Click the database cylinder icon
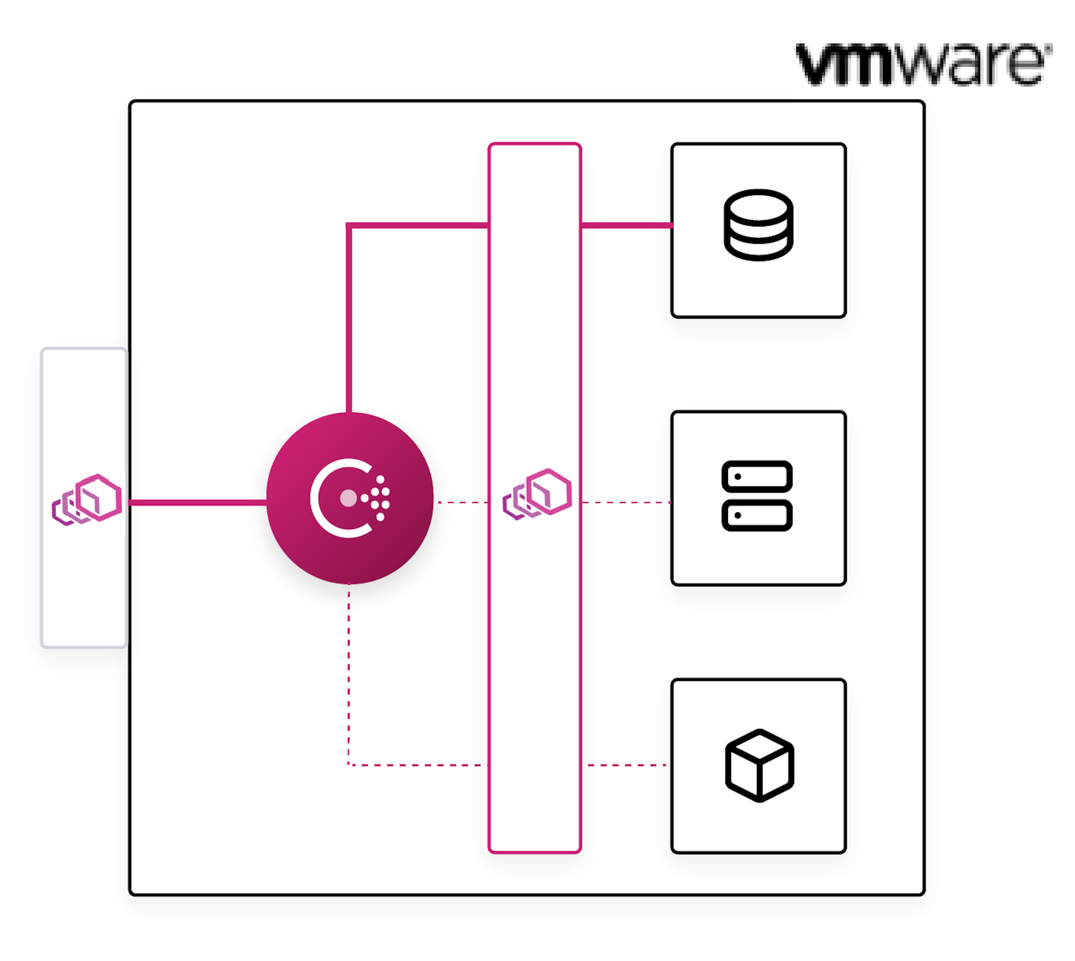758,225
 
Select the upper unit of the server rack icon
756,476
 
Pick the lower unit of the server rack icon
756,515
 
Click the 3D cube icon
759,765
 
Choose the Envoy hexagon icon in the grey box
87,499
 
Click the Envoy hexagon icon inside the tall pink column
537,494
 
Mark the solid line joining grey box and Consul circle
197,502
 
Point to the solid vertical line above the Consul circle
349,317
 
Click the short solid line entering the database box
626,226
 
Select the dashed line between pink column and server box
626,502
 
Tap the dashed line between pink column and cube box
626,765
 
